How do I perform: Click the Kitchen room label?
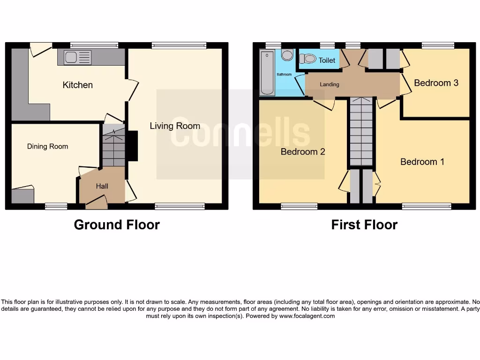[x=78, y=85]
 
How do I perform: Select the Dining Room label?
[x=47, y=146]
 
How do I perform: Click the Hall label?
[x=102, y=186]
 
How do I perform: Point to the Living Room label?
[x=175, y=126]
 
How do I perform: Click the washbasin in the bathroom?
[x=287, y=55]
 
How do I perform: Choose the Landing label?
[x=330, y=84]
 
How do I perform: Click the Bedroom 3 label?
[x=436, y=83]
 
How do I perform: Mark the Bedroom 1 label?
[x=422, y=162]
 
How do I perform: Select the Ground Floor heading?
[x=117, y=225]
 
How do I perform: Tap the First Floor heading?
[x=364, y=225]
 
